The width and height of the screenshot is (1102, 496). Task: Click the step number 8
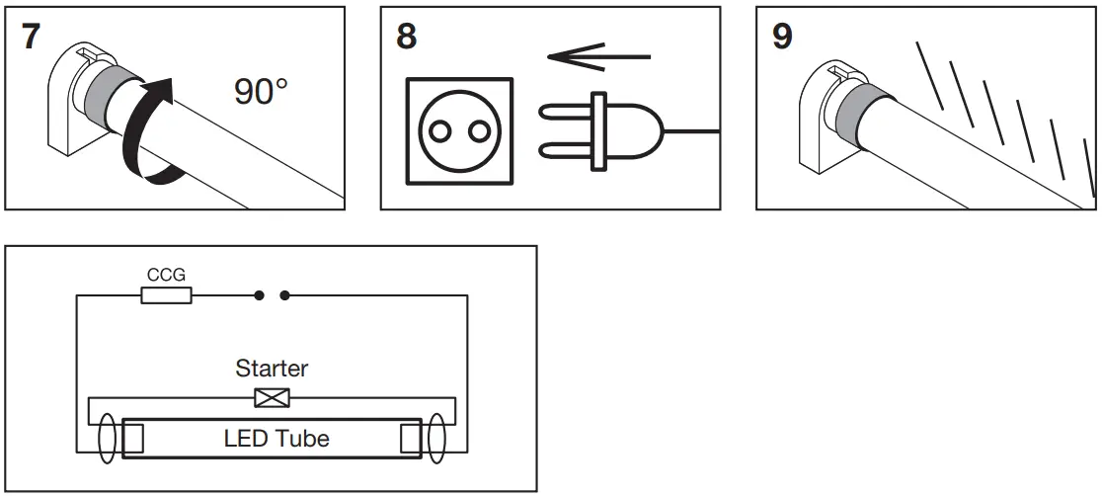(x=406, y=37)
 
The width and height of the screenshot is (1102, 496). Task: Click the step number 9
(x=781, y=39)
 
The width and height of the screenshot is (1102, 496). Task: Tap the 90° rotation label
(x=261, y=92)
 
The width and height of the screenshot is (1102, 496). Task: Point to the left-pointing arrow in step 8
(x=598, y=56)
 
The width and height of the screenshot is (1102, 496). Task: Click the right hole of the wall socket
(x=480, y=130)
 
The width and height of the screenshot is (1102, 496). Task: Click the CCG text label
(x=166, y=275)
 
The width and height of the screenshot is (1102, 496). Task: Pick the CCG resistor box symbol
(x=166, y=295)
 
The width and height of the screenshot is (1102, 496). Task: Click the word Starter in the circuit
(x=272, y=369)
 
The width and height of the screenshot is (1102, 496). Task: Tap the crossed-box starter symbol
(x=272, y=398)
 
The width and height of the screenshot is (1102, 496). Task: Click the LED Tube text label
(x=276, y=438)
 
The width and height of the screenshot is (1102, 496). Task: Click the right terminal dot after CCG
(x=285, y=295)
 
